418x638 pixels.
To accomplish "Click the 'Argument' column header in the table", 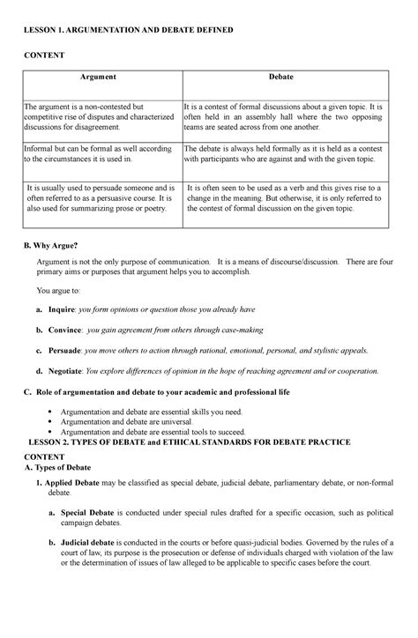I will [x=101, y=78].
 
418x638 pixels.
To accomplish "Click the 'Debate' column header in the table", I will [x=282, y=78].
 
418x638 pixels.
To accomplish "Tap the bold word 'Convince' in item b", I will [x=66, y=330].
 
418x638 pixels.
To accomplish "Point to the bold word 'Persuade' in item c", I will [x=66, y=351].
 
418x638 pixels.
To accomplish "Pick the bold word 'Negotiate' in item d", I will [x=68, y=371].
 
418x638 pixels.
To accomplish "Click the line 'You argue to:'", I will [x=57, y=289].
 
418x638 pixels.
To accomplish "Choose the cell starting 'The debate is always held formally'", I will [x=287, y=156].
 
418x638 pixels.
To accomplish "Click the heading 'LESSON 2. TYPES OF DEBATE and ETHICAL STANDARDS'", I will [x=190, y=441].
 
